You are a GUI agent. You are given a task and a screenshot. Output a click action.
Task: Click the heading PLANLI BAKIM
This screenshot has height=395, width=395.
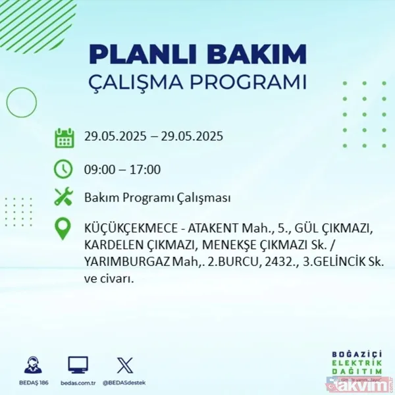[197, 54]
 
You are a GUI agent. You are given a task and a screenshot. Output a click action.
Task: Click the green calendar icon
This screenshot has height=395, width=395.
[64, 138]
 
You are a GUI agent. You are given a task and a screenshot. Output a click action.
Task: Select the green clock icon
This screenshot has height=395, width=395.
[64, 169]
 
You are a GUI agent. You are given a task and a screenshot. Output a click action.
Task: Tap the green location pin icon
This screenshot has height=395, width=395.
[64, 229]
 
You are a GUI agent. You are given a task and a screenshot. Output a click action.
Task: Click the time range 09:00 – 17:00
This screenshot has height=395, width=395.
[122, 169]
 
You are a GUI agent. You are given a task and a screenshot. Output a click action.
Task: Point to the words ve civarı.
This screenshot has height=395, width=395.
[109, 278]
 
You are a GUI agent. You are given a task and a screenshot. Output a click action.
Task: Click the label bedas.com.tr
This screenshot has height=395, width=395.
[78, 382]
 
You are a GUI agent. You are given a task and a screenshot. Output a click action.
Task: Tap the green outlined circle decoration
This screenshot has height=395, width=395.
[20, 102]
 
